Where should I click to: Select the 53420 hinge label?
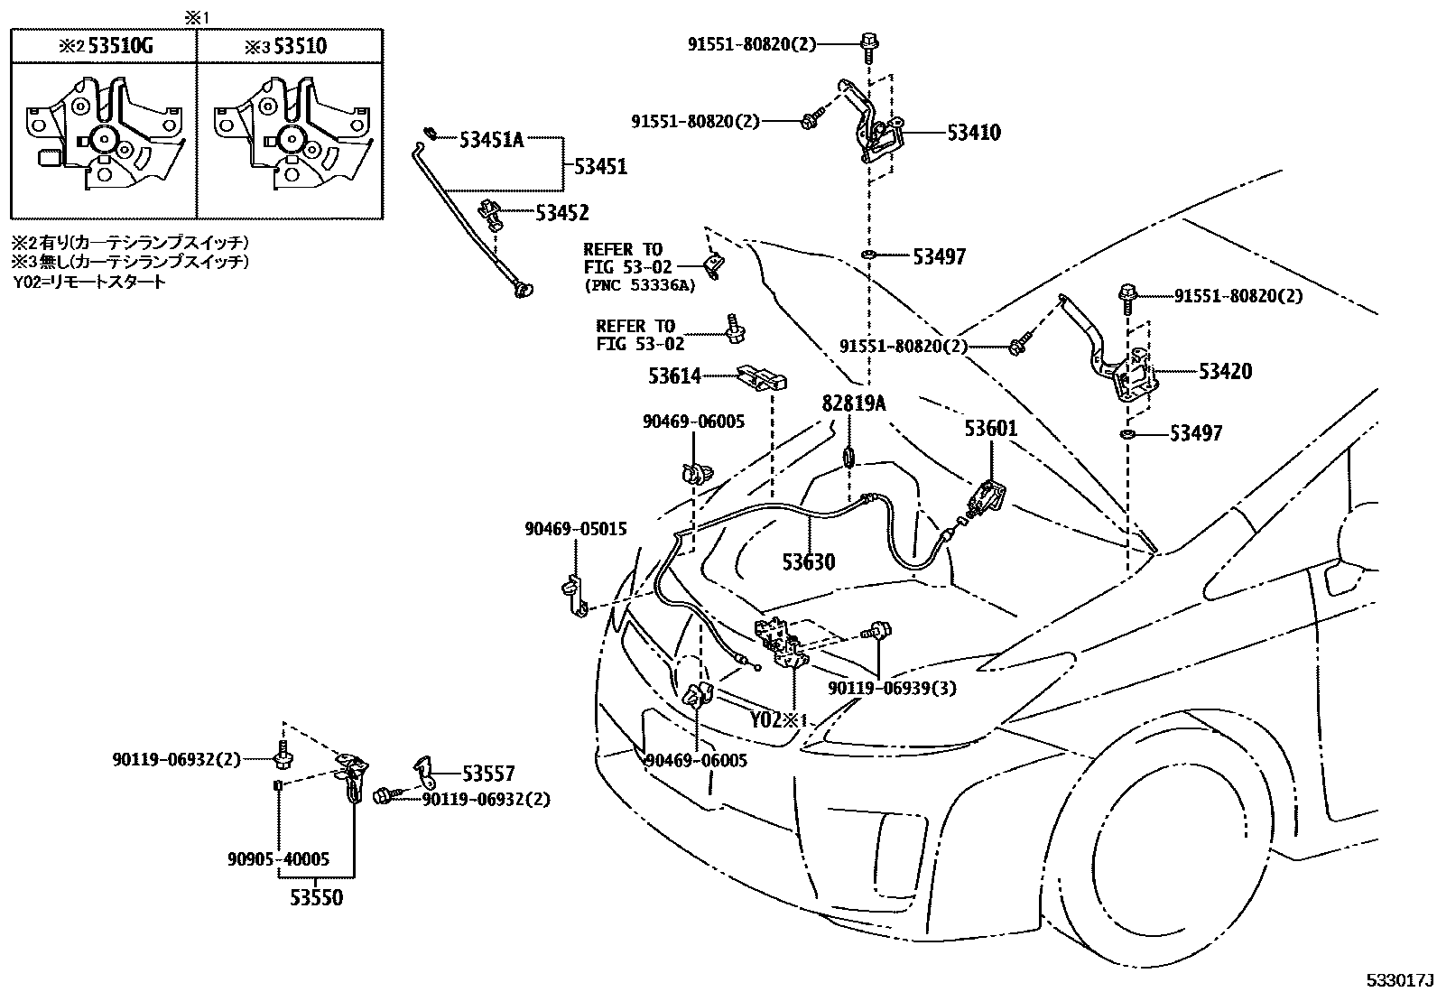1225,371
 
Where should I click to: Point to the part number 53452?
561,213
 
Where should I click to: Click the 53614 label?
674,375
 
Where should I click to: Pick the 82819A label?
853,403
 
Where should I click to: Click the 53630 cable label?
808,562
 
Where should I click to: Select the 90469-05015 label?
575,529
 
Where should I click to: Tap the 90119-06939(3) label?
893,688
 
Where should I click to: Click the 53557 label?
488,774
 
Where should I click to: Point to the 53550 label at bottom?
316,898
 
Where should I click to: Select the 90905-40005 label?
278,859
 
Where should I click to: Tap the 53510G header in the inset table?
117,46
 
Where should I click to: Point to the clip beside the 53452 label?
493,214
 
